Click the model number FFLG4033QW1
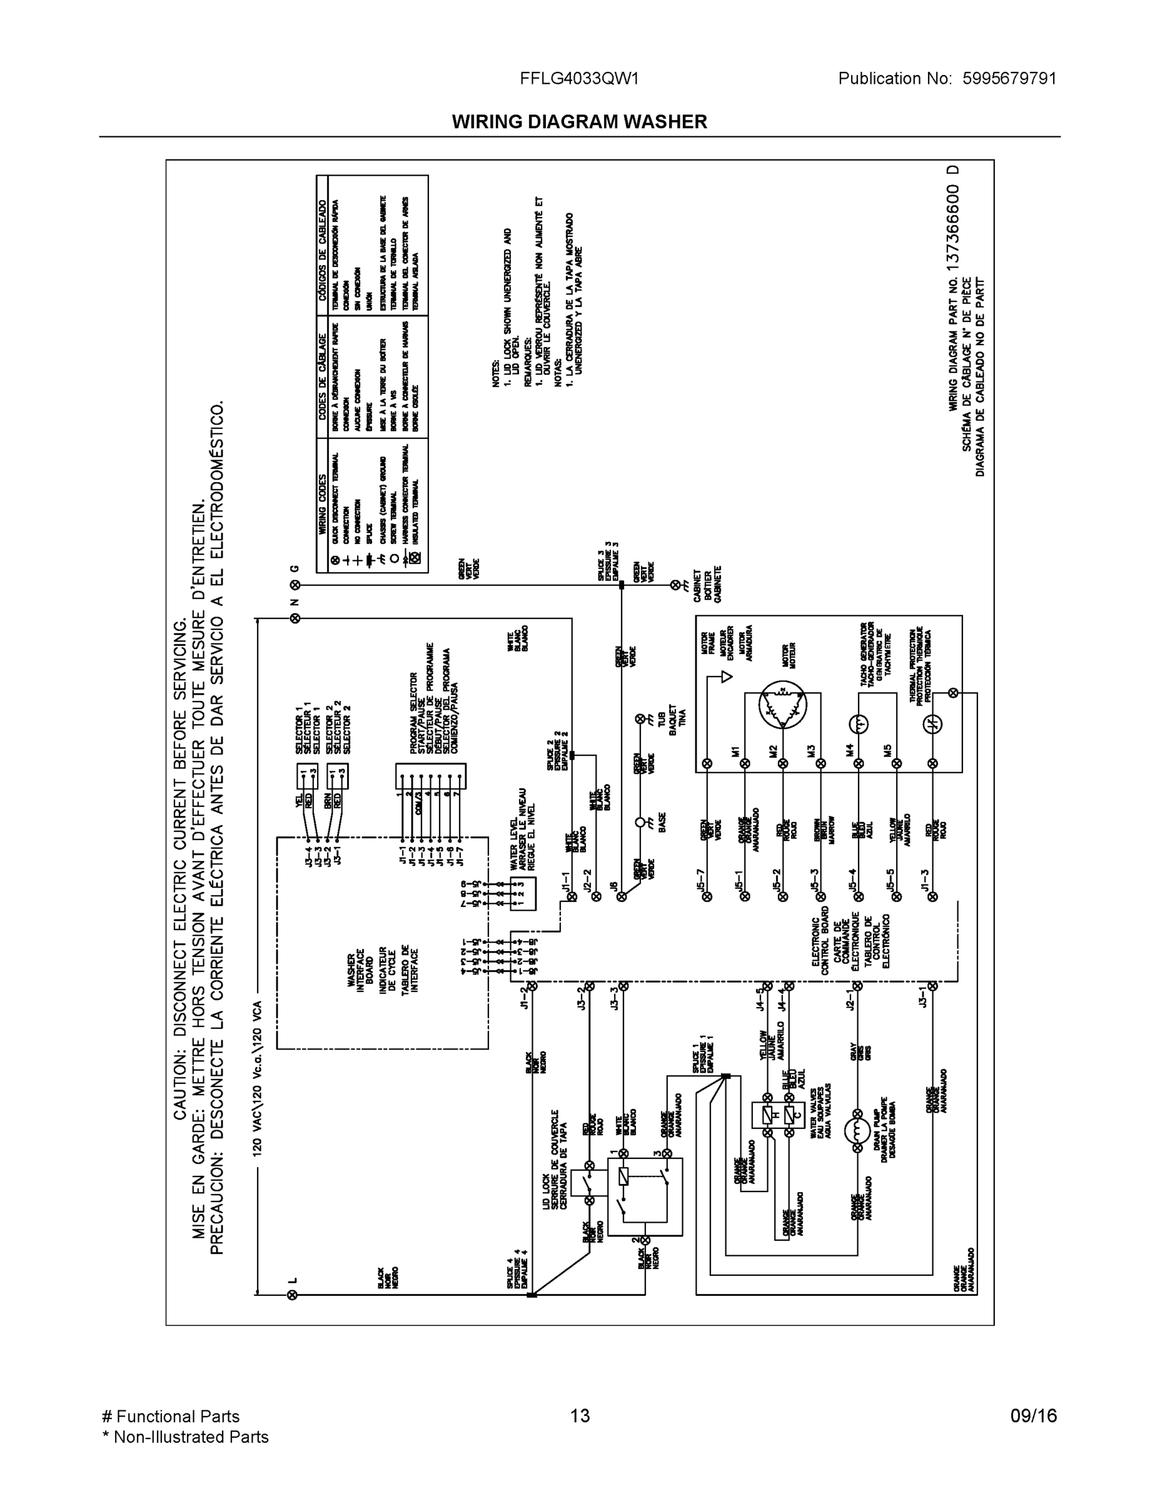579,79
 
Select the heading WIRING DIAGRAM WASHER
579,122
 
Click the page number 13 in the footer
579,1416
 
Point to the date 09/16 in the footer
1033,1416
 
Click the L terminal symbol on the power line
292,1295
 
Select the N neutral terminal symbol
295,619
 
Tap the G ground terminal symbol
295,585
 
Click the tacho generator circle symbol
859,724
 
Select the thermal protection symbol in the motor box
932,724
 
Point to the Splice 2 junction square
572,755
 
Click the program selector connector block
430,776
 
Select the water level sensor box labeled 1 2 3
522,894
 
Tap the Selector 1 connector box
306,776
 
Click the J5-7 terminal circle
707,896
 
